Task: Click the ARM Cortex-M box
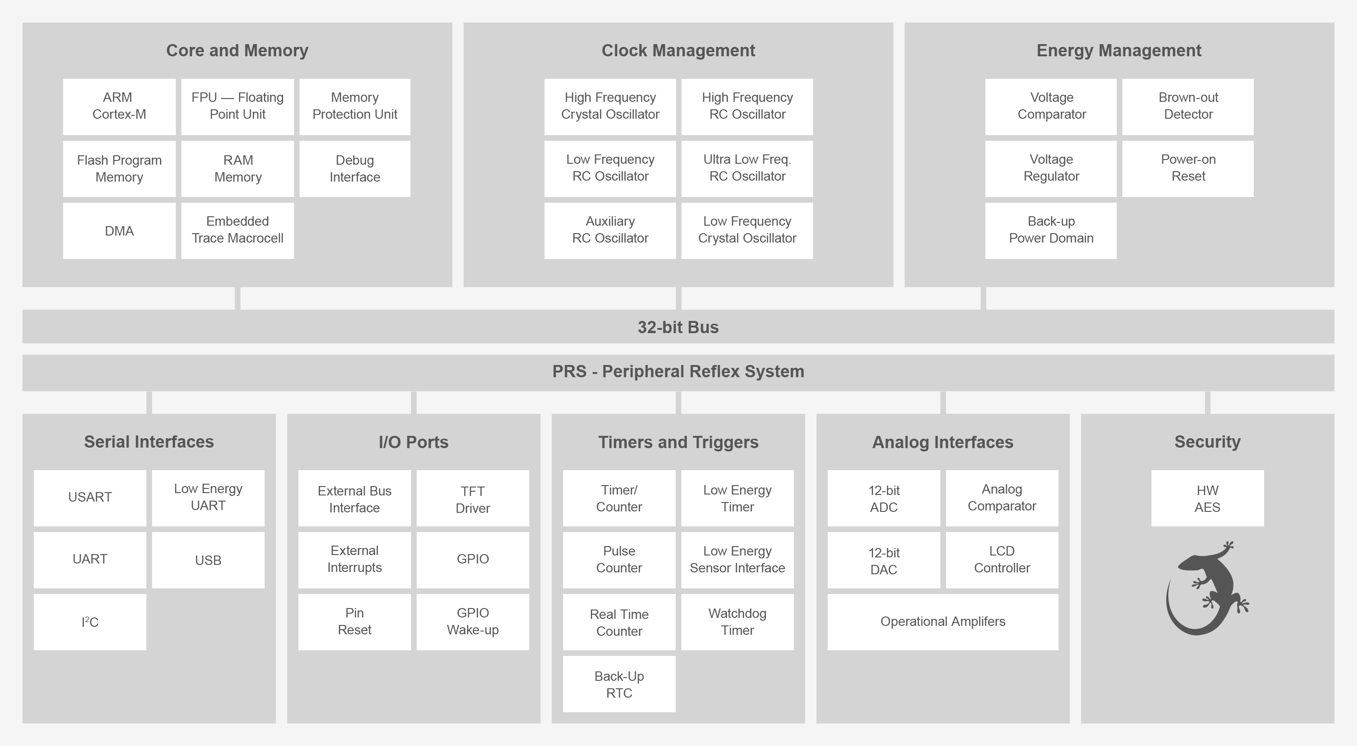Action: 119,107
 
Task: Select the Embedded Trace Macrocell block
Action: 237,230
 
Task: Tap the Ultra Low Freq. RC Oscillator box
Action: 747,168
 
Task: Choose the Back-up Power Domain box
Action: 1051,230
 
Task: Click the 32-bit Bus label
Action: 678,327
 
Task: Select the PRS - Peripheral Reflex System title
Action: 678,372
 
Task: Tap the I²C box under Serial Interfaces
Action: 90,622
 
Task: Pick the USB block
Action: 208,560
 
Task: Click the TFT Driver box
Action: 473,498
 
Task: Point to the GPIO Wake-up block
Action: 473,622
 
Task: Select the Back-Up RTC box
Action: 619,684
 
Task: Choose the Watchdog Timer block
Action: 737,622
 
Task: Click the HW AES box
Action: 1207,498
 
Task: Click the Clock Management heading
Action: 678,51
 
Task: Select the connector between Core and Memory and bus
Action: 237,298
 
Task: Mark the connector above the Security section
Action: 1207,403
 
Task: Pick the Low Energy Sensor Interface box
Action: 737,560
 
